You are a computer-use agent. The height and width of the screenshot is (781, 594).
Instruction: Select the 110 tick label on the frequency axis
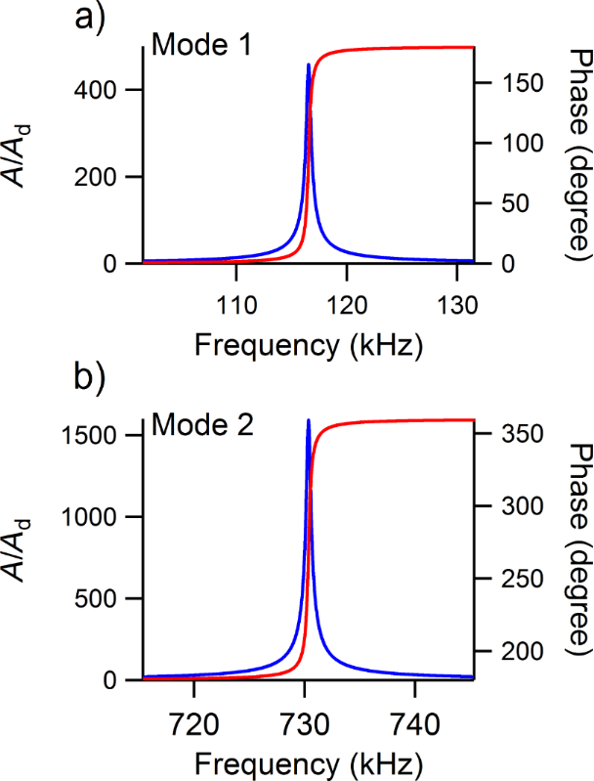click(235, 302)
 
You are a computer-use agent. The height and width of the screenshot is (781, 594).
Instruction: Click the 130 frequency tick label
click(457, 302)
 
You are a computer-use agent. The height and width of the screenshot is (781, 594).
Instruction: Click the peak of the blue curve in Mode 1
click(309, 65)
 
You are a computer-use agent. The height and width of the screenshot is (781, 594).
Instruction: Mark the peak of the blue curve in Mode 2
click(309, 420)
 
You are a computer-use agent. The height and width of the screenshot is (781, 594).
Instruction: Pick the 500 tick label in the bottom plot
click(109, 598)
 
